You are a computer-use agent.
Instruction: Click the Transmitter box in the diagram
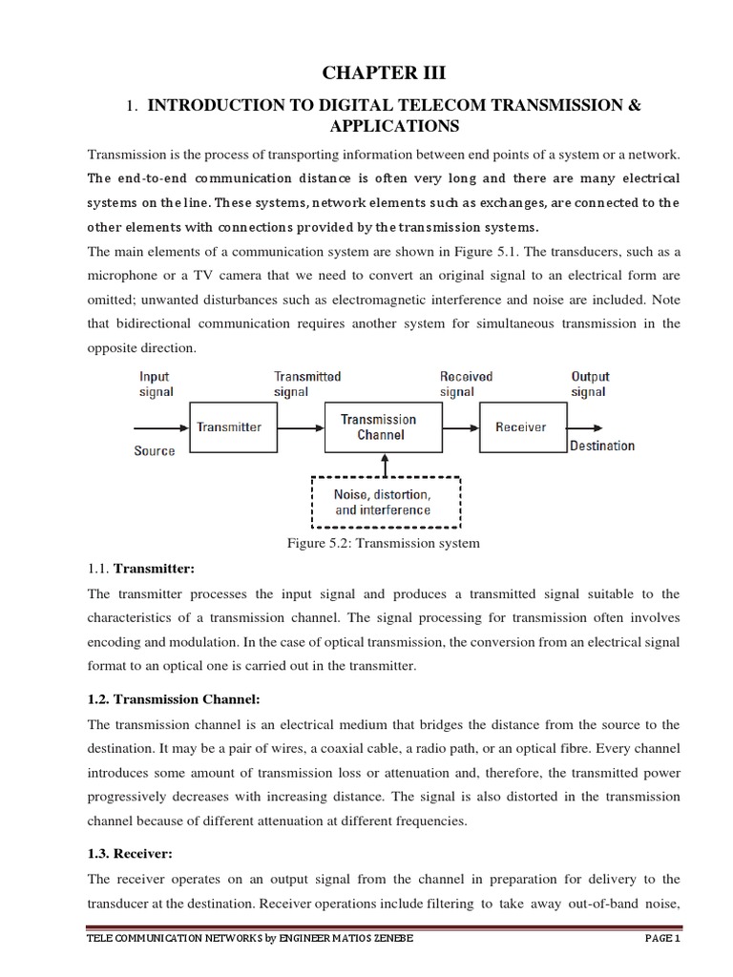[x=229, y=427]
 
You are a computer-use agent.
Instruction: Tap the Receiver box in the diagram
[x=520, y=427]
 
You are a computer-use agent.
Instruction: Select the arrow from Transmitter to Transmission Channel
[x=296, y=427]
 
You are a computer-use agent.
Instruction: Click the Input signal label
[x=154, y=385]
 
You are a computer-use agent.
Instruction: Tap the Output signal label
[x=589, y=385]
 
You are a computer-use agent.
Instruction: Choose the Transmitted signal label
[x=306, y=385]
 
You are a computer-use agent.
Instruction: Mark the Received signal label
[x=466, y=385]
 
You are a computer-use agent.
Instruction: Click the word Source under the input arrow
[x=155, y=450]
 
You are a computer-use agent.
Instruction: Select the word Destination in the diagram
[x=601, y=446]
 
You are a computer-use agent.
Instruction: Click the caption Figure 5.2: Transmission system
[x=383, y=543]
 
